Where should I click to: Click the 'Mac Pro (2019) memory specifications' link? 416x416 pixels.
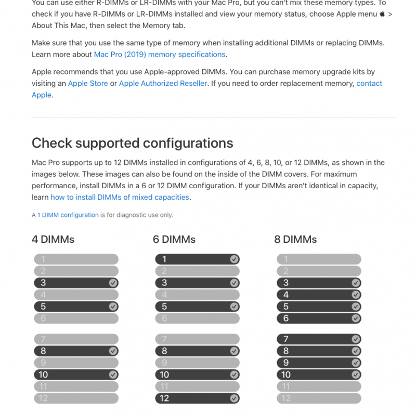click(x=160, y=54)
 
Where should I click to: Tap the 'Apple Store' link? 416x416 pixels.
click(x=88, y=83)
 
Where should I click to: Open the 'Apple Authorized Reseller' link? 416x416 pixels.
click(x=163, y=83)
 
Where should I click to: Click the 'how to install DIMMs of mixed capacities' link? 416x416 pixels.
click(x=120, y=197)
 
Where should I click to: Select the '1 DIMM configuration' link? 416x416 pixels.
click(x=68, y=215)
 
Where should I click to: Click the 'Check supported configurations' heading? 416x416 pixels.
click(x=132, y=143)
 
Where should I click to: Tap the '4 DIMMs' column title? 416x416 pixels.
click(x=53, y=239)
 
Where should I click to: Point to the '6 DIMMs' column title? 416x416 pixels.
click(x=174, y=239)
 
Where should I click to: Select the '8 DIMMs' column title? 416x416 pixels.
click(x=295, y=239)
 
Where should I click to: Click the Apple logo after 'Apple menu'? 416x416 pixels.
click(x=382, y=14)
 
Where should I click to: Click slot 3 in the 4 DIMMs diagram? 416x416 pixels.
click(x=76, y=283)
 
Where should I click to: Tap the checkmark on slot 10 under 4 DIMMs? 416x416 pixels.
click(x=113, y=374)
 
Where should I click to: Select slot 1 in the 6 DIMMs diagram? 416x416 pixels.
click(x=197, y=259)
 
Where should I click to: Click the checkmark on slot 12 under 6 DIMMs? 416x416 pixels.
click(x=234, y=398)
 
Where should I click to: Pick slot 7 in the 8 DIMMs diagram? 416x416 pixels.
click(x=318, y=339)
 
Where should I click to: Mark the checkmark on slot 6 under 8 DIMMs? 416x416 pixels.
click(x=356, y=318)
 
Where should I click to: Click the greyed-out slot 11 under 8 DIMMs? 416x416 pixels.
click(x=318, y=386)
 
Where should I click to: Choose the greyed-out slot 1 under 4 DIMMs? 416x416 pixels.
click(x=76, y=259)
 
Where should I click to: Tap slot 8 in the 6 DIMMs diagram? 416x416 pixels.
click(x=197, y=351)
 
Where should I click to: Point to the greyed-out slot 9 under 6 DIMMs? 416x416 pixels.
click(x=197, y=363)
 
